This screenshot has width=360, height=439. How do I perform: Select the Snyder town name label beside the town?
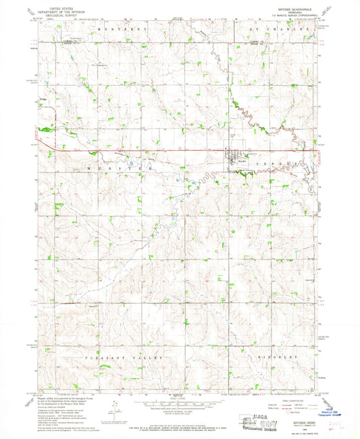click(242, 161)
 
